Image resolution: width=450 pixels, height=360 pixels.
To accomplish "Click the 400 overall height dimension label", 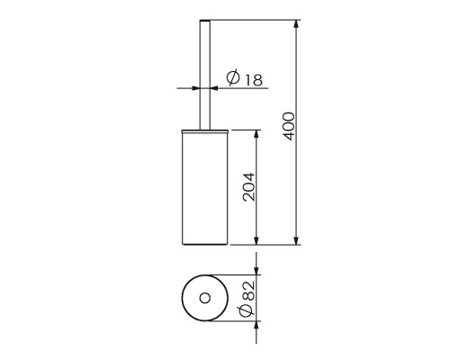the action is click(x=289, y=126).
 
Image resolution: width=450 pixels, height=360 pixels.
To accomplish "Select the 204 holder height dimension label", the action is click(x=249, y=187).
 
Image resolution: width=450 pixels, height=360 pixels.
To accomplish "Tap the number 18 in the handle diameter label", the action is click(x=254, y=80).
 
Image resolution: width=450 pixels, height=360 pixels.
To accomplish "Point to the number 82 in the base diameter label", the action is click(x=248, y=291).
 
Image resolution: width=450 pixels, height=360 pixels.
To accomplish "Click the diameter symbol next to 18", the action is click(x=233, y=77).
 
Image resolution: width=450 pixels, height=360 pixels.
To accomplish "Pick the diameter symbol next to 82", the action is click(x=247, y=310).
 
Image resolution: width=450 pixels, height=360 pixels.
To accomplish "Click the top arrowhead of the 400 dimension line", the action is click(x=296, y=24).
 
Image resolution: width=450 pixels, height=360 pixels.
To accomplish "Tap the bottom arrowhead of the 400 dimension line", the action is click(x=296, y=240).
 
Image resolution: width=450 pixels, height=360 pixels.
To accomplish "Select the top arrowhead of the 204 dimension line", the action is click(x=256, y=134).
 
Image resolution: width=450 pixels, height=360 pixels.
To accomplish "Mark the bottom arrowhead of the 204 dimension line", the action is click(x=256, y=240).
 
